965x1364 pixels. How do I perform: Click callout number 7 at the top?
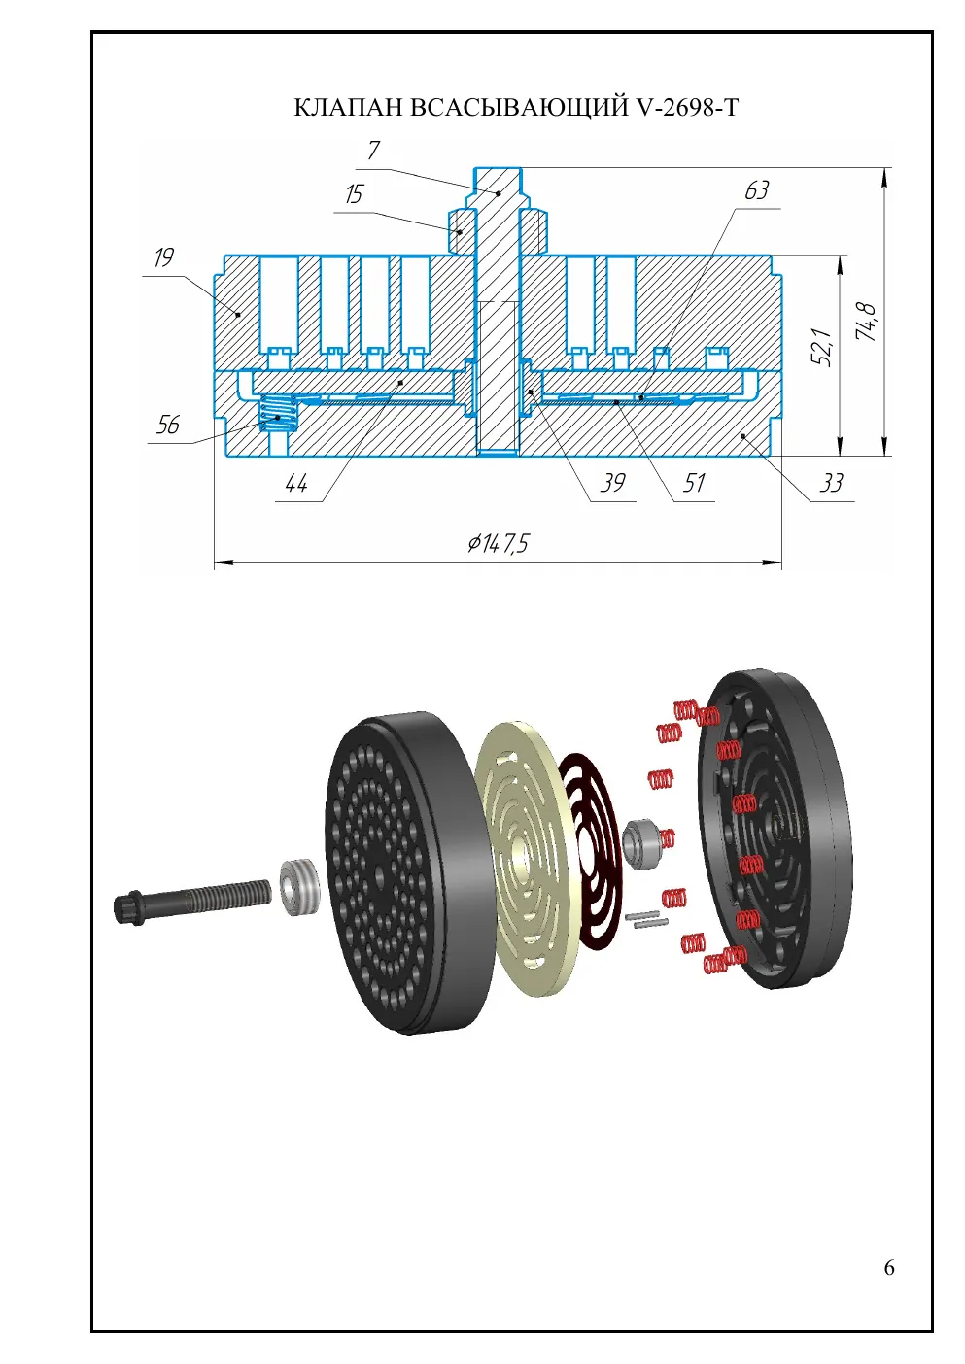373,150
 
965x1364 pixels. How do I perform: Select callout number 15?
354,194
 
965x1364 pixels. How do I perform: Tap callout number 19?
164,257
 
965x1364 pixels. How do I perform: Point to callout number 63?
757,190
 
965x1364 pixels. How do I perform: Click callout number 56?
168,425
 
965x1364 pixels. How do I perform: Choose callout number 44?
296,484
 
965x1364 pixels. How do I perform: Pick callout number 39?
613,483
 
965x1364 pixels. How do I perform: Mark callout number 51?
694,483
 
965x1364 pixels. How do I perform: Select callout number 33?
831,483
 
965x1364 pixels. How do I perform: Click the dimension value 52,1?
822,347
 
